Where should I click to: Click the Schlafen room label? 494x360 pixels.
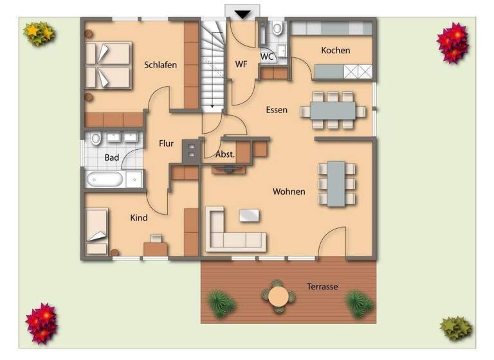click(160, 65)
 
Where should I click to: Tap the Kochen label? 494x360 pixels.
click(335, 50)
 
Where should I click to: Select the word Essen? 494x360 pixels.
click(277, 110)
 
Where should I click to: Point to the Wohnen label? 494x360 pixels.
click(289, 192)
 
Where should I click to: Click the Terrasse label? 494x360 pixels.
click(322, 287)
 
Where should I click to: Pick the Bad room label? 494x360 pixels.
click(112, 157)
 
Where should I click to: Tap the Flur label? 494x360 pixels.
click(167, 144)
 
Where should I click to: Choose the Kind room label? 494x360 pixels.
click(139, 218)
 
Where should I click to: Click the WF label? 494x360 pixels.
click(241, 64)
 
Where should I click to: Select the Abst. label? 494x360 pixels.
click(225, 154)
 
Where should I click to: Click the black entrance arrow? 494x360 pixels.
click(242, 14)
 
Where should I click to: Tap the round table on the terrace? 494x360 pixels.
click(278, 296)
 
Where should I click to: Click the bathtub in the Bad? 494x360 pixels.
click(105, 179)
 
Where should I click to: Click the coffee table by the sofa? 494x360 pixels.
click(249, 215)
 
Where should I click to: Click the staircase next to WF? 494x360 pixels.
click(212, 64)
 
